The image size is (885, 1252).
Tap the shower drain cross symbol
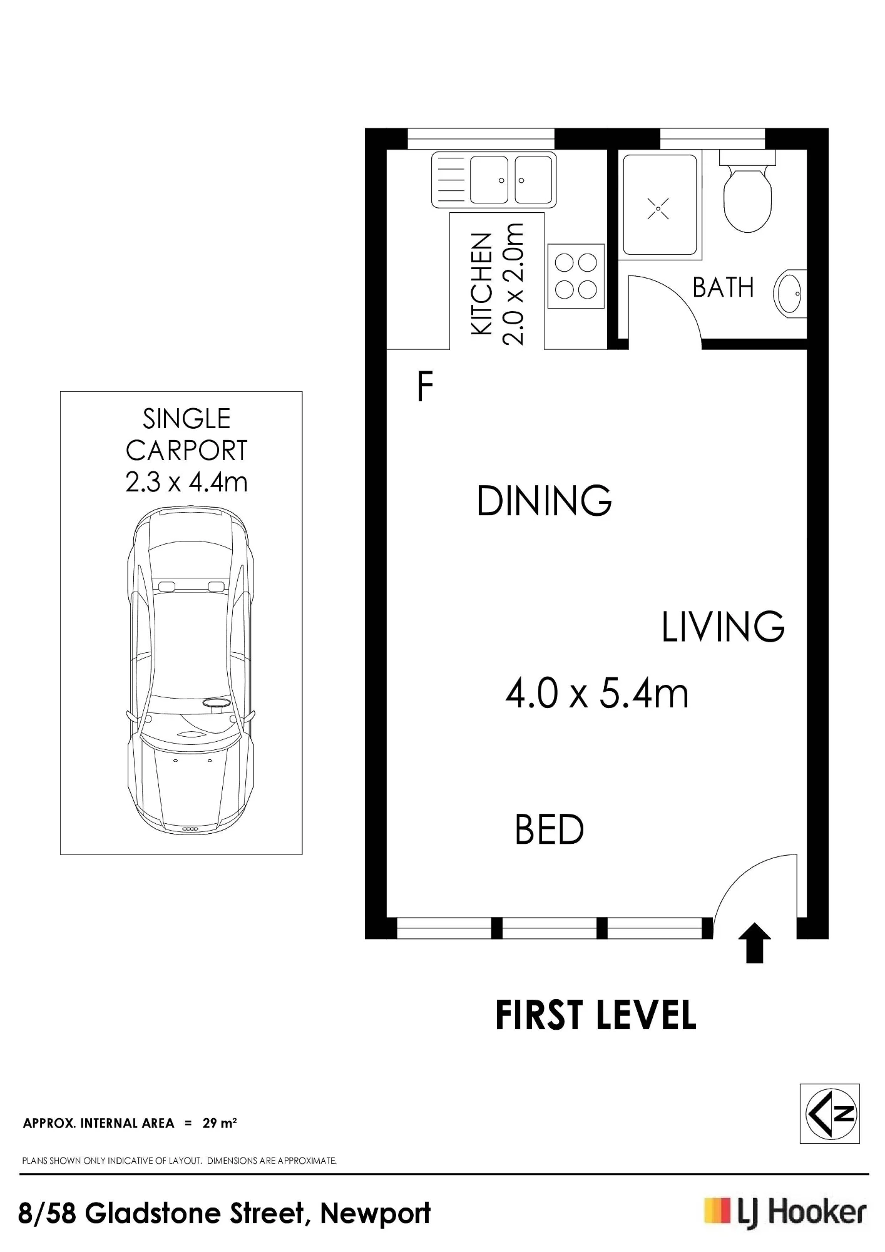658,208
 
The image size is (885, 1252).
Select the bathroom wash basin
790,293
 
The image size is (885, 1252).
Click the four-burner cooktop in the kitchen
576,276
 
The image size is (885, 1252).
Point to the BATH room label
723,288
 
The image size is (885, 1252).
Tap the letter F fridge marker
425,386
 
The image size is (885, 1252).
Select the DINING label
544,501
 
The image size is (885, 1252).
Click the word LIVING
723,627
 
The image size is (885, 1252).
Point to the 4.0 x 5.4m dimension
597,694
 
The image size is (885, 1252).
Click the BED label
549,829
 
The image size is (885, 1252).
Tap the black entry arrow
755,942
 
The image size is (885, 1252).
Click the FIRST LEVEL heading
595,1015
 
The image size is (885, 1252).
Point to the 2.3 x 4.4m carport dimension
187,482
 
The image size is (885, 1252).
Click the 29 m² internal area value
219,1123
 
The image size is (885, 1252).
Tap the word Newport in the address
376,1213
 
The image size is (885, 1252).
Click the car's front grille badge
190,829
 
